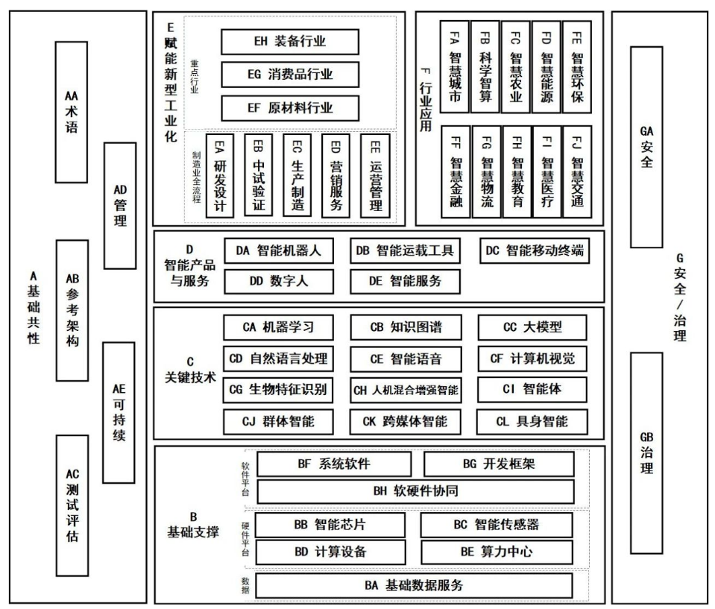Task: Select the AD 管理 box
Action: coord(119,205)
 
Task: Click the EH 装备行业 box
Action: coord(290,42)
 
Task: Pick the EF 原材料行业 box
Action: coord(290,107)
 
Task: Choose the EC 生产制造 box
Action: coord(297,175)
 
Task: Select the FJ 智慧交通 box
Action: coord(577,171)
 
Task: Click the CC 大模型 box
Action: coord(531,326)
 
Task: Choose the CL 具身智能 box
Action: coord(531,421)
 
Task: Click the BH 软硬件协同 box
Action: coord(415,491)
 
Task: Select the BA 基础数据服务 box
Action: coord(415,585)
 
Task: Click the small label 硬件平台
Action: coord(245,536)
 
